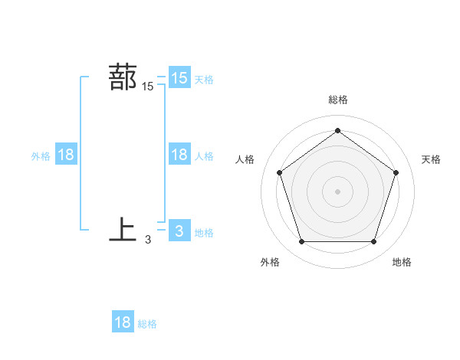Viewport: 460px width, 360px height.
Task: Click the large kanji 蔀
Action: [x=123, y=77]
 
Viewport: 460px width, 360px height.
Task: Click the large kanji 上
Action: [x=123, y=229]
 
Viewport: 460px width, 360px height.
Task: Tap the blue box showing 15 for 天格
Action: [x=179, y=78]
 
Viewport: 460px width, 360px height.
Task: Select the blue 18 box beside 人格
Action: [x=179, y=155]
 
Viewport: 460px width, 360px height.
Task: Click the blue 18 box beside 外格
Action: [x=66, y=155]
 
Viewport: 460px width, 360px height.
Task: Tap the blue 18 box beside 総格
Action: [x=123, y=322]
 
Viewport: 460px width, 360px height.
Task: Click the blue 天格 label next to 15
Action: [x=204, y=79]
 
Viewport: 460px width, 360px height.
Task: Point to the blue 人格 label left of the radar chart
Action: [x=204, y=155]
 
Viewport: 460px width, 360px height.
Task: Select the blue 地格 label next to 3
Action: [x=204, y=232]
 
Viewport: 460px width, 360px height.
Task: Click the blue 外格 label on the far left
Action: [x=41, y=155]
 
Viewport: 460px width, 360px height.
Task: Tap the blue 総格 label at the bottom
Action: [x=147, y=324]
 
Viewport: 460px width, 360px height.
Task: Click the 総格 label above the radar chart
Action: [x=337, y=100]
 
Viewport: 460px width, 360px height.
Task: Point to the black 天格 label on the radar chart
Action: [x=432, y=159]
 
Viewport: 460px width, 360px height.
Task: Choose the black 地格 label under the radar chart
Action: [x=402, y=263]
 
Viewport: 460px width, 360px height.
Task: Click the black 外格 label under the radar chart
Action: [x=270, y=263]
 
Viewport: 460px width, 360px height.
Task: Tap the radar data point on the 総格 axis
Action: [x=337, y=131]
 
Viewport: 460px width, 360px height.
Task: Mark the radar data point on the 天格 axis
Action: [x=396, y=172]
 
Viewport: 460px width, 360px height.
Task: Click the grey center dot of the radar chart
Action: [x=337, y=191]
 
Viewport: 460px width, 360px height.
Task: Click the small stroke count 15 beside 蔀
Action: [x=147, y=87]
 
